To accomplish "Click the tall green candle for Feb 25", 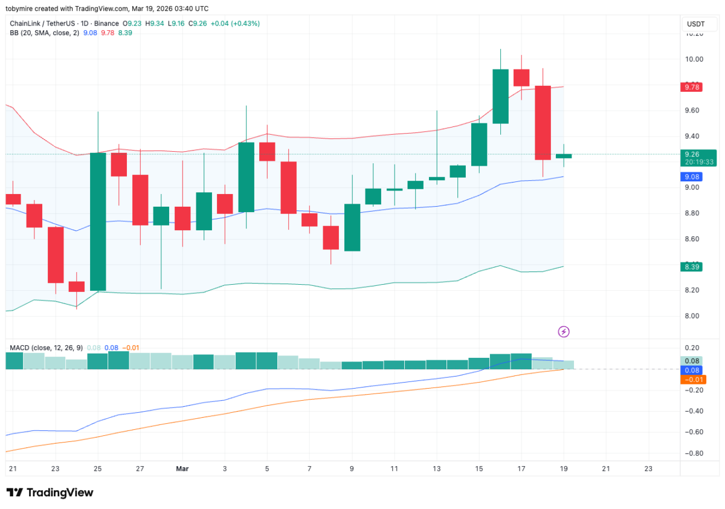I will click(98, 221).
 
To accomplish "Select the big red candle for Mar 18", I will click(543, 123).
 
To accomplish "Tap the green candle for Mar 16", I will click(500, 96).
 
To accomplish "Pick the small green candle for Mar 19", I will click(564, 156).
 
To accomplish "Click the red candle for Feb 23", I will click(56, 254).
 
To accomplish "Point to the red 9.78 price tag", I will click(691, 87).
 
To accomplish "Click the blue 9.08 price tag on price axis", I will click(691, 177).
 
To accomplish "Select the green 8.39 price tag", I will click(691, 267).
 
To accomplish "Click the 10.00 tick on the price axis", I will click(694, 59).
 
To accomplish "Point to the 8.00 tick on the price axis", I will click(694, 316).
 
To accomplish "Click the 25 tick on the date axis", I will click(98, 468).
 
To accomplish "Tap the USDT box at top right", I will click(695, 24).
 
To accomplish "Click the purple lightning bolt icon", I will click(564, 331).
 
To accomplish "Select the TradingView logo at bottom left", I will click(50, 493).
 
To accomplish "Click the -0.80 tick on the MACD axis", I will click(694, 453).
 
